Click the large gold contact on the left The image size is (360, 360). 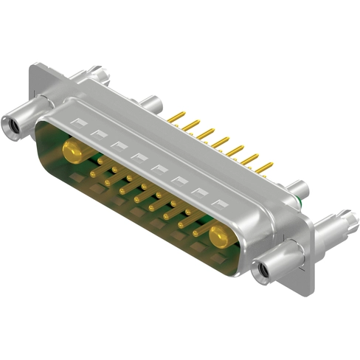pos(72,153)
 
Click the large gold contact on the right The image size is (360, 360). pos(219,236)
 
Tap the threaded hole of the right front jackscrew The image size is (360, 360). pos(260,274)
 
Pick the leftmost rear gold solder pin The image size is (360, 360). pos(176,117)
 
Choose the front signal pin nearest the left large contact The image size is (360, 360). pos(94,172)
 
